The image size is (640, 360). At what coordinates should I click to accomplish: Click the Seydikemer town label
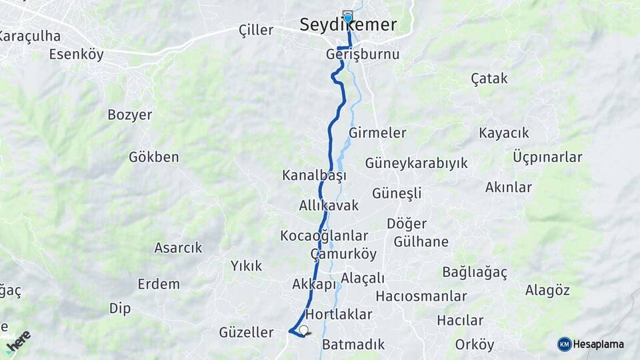tap(348, 25)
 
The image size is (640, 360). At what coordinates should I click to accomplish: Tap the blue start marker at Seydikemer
tap(347, 17)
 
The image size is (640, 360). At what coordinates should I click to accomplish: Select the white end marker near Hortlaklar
tap(304, 330)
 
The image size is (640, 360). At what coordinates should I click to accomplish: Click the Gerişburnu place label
tap(363, 54)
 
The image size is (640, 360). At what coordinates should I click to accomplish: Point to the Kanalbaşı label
tap(315, 176)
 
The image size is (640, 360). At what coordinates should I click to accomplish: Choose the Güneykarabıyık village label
tap(416, 163)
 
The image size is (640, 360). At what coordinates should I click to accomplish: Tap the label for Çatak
tap(489, 79)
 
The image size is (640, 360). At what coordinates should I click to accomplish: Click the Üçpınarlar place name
tap(548, 157)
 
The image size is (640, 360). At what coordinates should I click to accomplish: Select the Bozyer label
tap(130, 115)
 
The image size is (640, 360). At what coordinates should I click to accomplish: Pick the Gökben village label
tap(154, 157)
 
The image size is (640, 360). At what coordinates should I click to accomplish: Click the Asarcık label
tap(178, 248)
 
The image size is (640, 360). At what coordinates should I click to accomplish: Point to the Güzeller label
tap(247, 332)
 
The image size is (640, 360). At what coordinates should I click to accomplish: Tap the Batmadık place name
tap(353, 345)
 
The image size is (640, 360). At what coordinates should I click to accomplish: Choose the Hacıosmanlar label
tap(421, 296)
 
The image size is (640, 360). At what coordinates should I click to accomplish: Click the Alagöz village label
tap(547, 290)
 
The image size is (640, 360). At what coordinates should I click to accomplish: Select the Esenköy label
tap(77, 55)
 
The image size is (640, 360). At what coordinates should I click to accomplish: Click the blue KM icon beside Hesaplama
tap(565, 344)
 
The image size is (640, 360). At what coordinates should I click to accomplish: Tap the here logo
tap(19, 341)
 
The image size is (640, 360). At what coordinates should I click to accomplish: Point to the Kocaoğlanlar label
tap(324, 236)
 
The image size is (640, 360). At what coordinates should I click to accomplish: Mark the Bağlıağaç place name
tap(475, 272)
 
